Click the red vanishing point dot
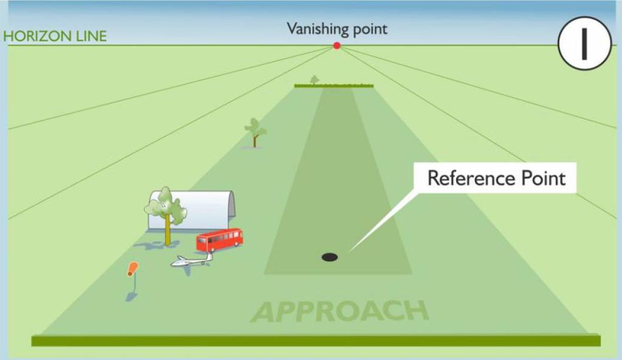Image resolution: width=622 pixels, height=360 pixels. point(337,46)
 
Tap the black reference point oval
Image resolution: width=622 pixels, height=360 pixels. point(329,257)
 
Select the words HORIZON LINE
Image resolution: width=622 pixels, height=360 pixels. point(55,36)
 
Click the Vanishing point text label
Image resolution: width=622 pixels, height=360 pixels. point(337,29)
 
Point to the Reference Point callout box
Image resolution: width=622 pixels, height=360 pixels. point(496,178)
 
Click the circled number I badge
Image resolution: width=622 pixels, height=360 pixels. point(584,43)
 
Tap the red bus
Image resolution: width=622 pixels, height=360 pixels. point(219,240)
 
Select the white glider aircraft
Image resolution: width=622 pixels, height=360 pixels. point(191,261)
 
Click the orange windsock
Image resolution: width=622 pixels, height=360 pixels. point(133,269)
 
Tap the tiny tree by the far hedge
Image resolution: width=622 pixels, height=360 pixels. point(314,80)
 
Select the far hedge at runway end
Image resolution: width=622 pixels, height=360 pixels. point(333,86)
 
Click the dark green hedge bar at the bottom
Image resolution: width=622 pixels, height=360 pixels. point(316,341)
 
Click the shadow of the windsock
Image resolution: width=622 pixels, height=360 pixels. point(131,296)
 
